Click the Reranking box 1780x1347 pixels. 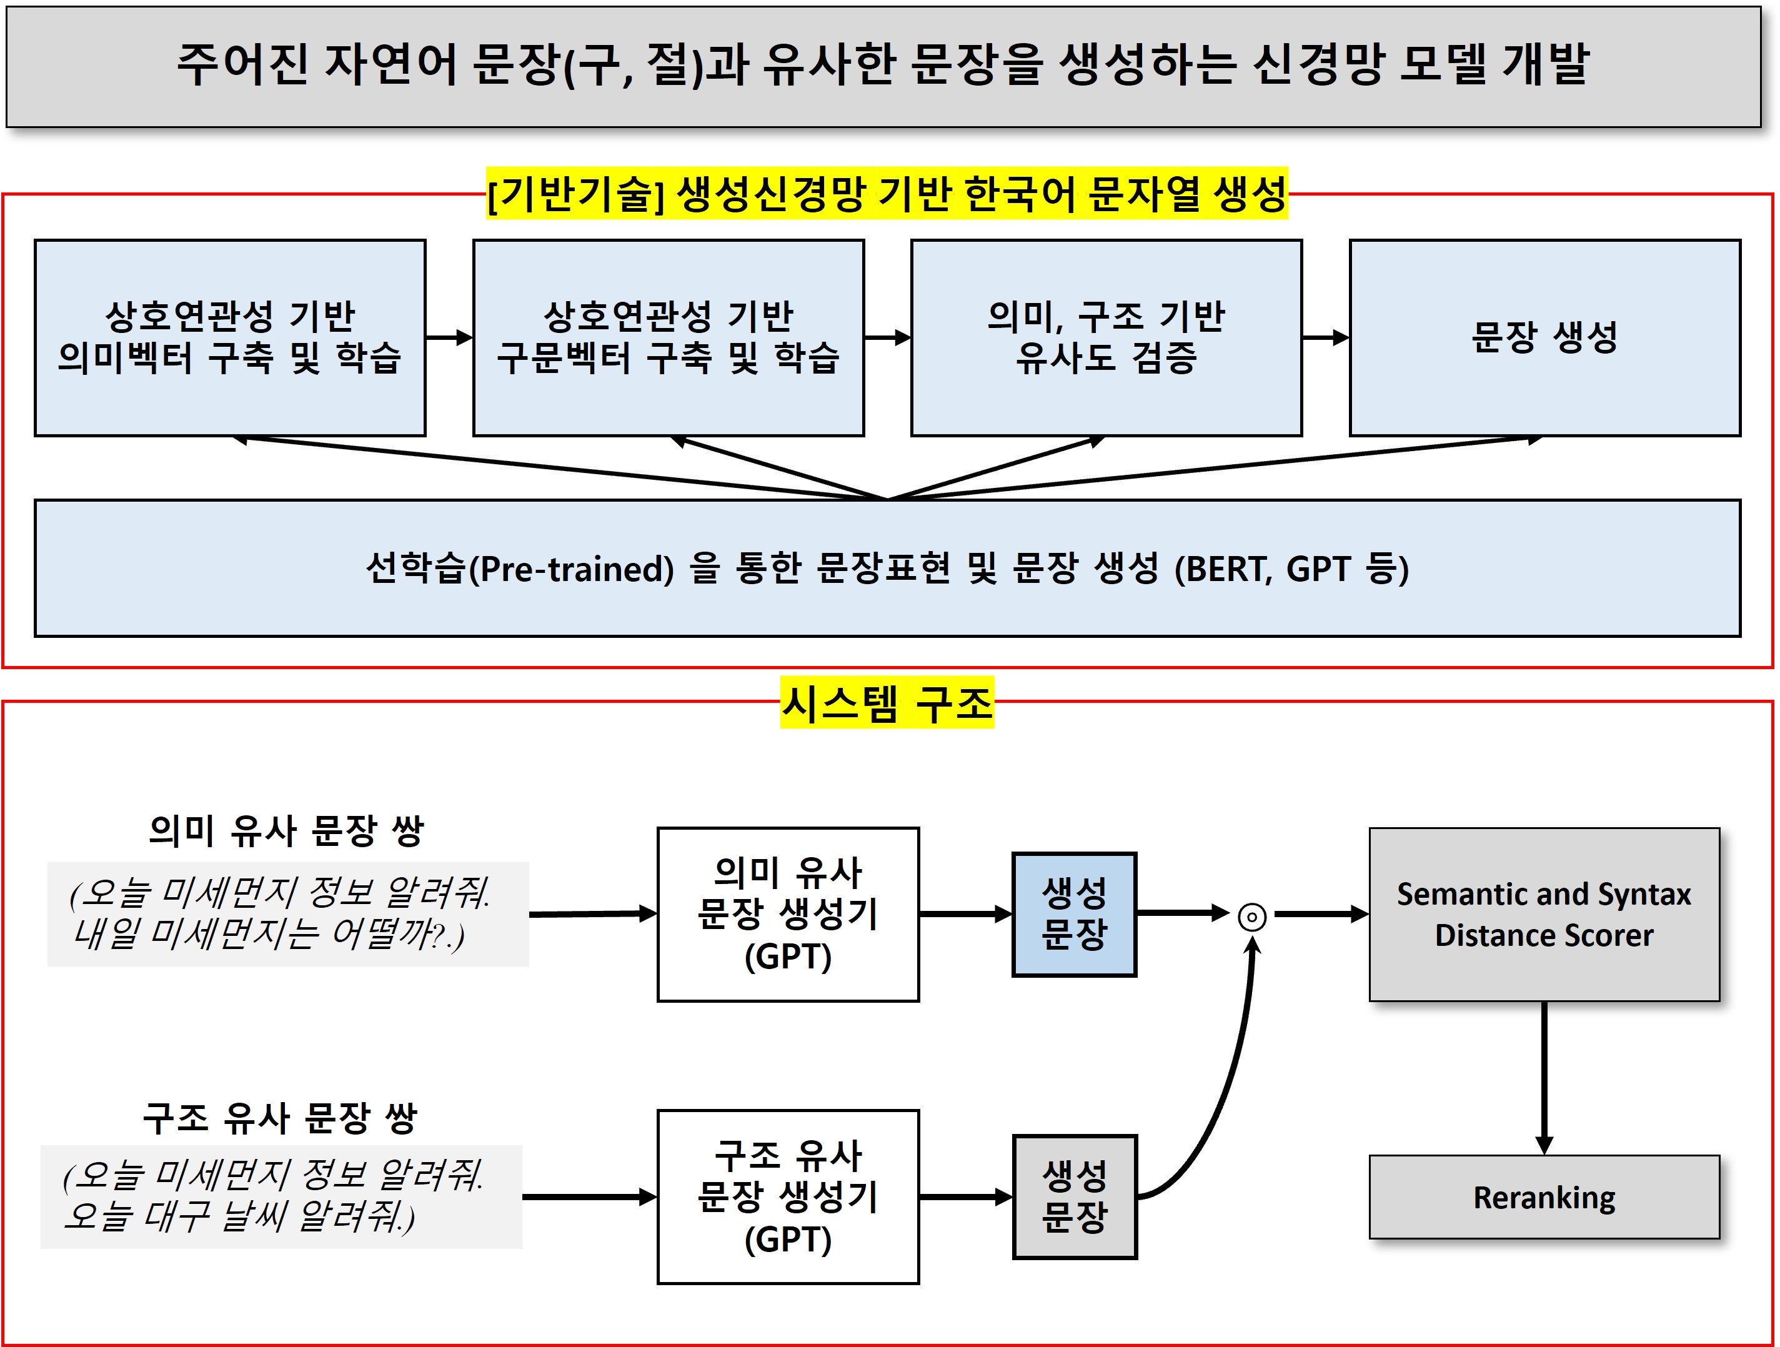click(x=1543, y=1196)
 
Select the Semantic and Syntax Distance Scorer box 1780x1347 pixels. click(x=1543, y=914)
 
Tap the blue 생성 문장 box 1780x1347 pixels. click(x=1074, y=914)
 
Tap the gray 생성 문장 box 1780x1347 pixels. click(x=1074, y=1196)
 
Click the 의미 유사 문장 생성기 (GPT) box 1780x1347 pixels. click(x=788, y=914)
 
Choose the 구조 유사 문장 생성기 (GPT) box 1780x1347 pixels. click(x=788, y=1196)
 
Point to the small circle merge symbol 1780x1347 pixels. click(x=1252, y=917)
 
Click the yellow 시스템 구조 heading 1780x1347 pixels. click(x=887, y=702)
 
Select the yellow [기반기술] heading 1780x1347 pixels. click(x=887, y=193)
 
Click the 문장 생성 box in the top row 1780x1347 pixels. click(x=1545, y=338)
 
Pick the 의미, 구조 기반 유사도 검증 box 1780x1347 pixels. click(x=1106, y=338)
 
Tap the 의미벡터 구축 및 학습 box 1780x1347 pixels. click(x=230, y=338)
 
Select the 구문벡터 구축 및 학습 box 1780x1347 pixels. click(x=669, y=338)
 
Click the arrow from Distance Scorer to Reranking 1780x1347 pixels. click(x=1543, y=1078)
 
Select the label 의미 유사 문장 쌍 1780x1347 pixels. click(x=287, y=830)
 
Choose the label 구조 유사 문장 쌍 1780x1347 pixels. click(x=280, y=1117)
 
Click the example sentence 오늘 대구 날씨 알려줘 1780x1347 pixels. click(x=239, y=1215)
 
